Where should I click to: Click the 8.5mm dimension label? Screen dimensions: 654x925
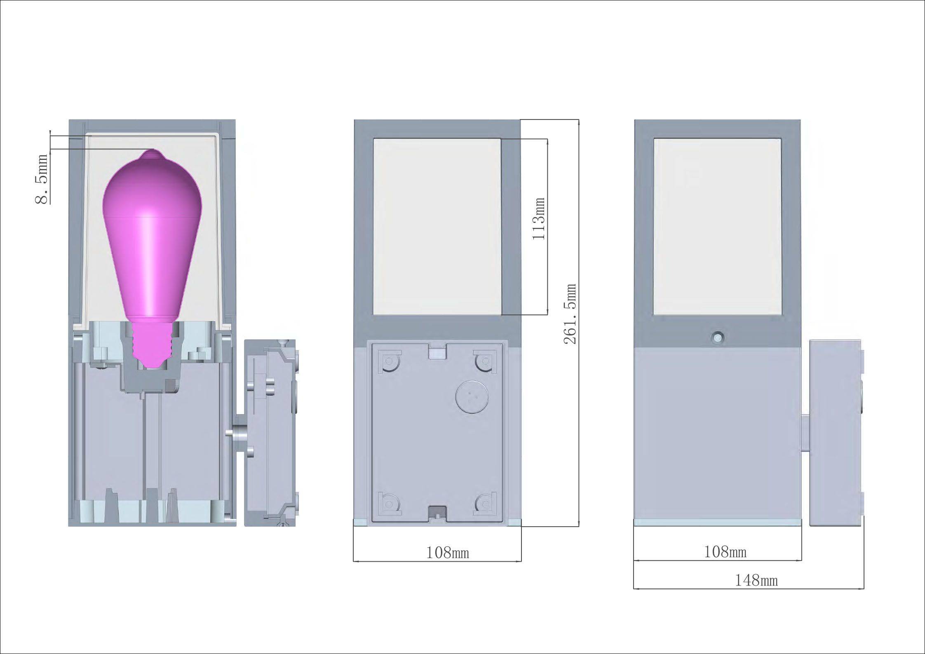[x=42, y=179]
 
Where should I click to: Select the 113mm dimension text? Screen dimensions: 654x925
[x=539, y=219]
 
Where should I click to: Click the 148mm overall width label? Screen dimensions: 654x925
[x=756, y=580]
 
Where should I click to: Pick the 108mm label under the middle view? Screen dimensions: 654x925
[x=447, y=552]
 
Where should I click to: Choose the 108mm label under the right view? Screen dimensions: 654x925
[x=725, y=551]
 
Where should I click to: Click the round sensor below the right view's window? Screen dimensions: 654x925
[x=718, y=338]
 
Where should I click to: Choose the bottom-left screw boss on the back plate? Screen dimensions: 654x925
[x=388, y=503]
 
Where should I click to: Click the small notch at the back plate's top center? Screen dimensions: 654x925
[x=437, y=352]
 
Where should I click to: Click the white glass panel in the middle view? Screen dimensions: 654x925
[x=437, y=227]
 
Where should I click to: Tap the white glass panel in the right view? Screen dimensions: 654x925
[x=717, y=227]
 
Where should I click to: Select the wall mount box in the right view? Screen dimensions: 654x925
[x=835, y=433]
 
